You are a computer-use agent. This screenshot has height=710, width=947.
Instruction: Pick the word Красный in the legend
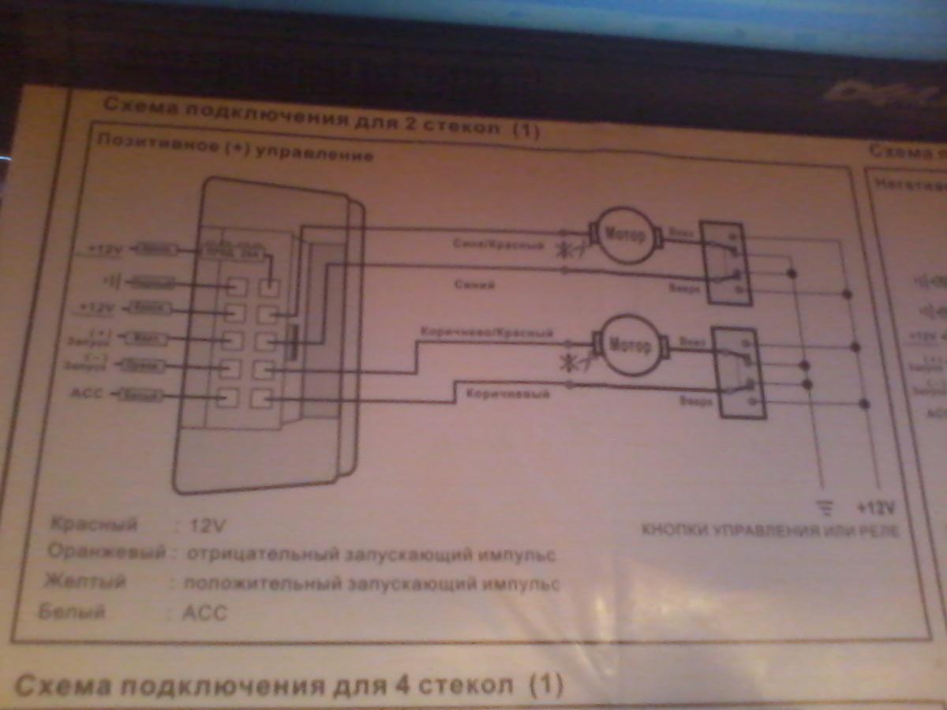(x=94, y=524)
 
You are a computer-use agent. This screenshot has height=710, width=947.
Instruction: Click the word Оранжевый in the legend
(x=107, y=551)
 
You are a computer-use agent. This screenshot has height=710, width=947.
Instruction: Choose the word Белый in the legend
(x=72, y=611)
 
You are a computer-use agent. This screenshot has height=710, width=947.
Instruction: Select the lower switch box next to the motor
(x=737, y=372)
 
